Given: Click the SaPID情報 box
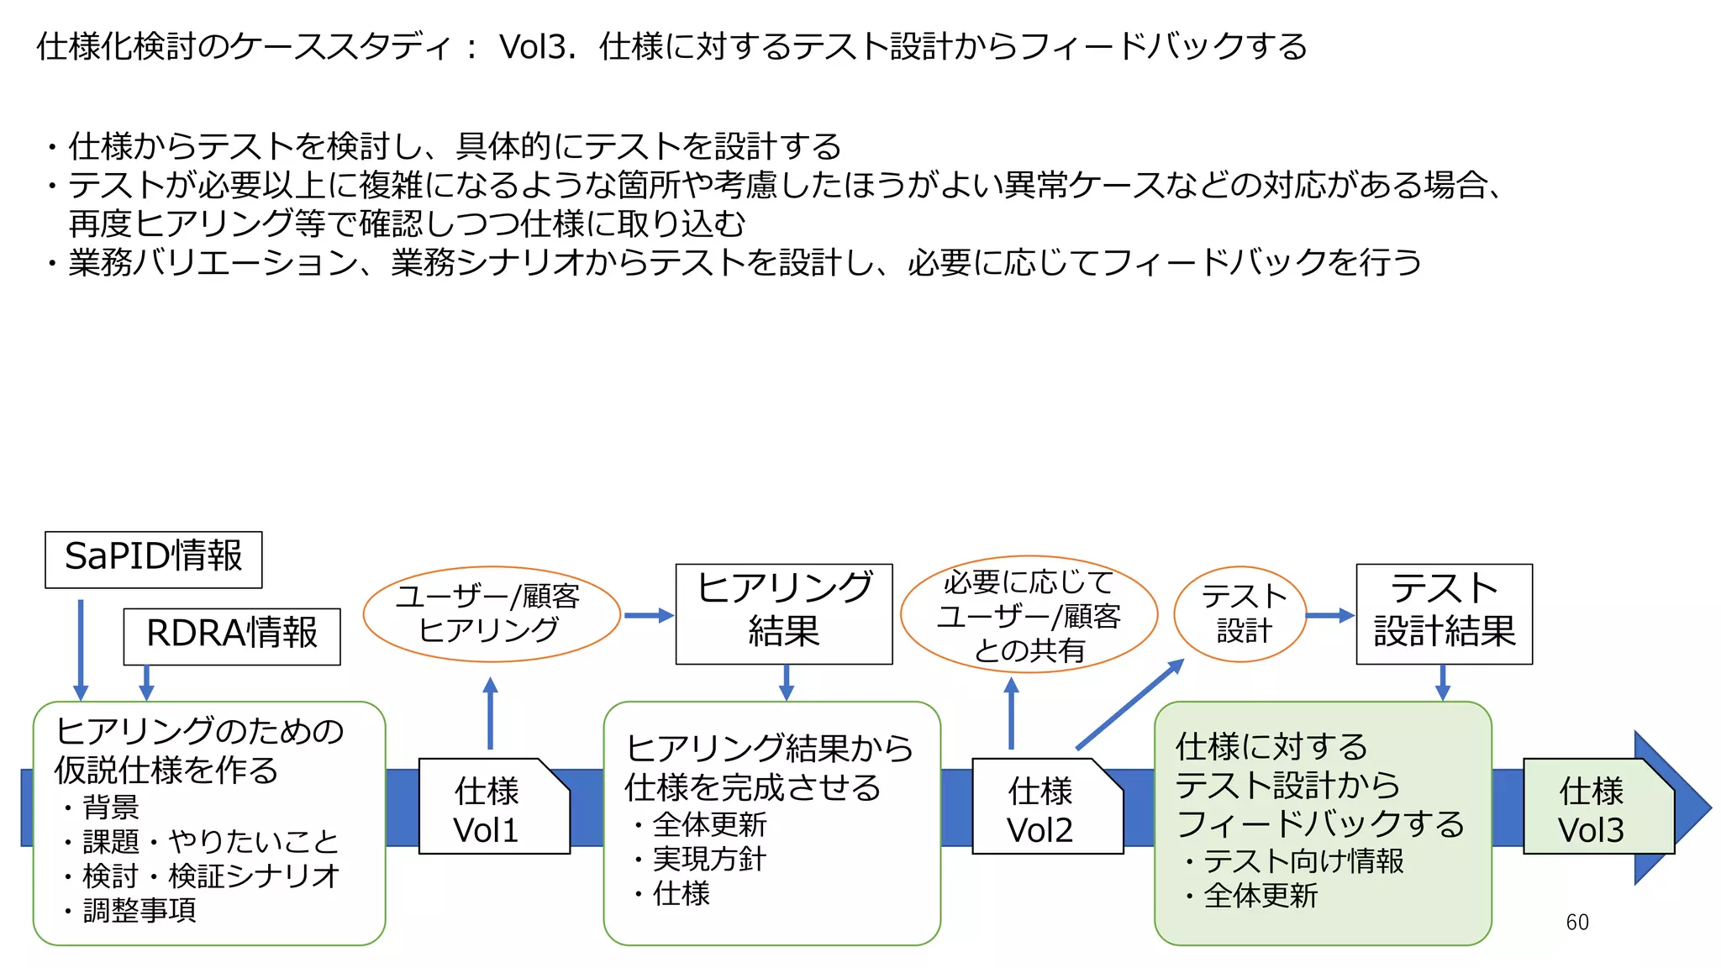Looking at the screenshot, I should click(154, 559).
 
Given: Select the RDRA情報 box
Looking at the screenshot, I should click(232, 636).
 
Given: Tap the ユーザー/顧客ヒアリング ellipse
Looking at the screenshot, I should click(492, 614).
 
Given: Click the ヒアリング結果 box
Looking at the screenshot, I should click(784, 613).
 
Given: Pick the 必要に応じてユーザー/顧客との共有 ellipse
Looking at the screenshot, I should click(1029, 615).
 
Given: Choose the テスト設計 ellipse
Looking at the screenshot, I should click(1241, 614).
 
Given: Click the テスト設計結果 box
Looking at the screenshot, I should click(1444, 613).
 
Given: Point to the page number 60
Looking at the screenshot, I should click(1577, 923).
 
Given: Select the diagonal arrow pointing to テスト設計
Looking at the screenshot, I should click(1129, 704).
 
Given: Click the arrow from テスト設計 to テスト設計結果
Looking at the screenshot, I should click(1330, 615).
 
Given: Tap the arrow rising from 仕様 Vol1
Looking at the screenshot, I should click(491, 713).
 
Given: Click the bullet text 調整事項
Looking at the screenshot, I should click(139, 911).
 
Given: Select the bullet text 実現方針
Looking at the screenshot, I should click(709, 860).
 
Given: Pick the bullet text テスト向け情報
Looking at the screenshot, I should click(1303, 861).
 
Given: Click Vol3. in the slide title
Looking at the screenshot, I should click(537, 47).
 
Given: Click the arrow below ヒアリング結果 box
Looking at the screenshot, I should click(787, 682).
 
